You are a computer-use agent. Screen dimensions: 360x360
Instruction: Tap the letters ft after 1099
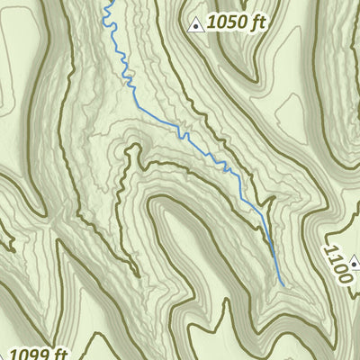click(x=59, y=354)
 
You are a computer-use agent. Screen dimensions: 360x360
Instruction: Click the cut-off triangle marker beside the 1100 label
click(x=357, y=262)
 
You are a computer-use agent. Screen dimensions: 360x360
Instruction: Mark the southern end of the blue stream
click(x=283, y=286)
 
